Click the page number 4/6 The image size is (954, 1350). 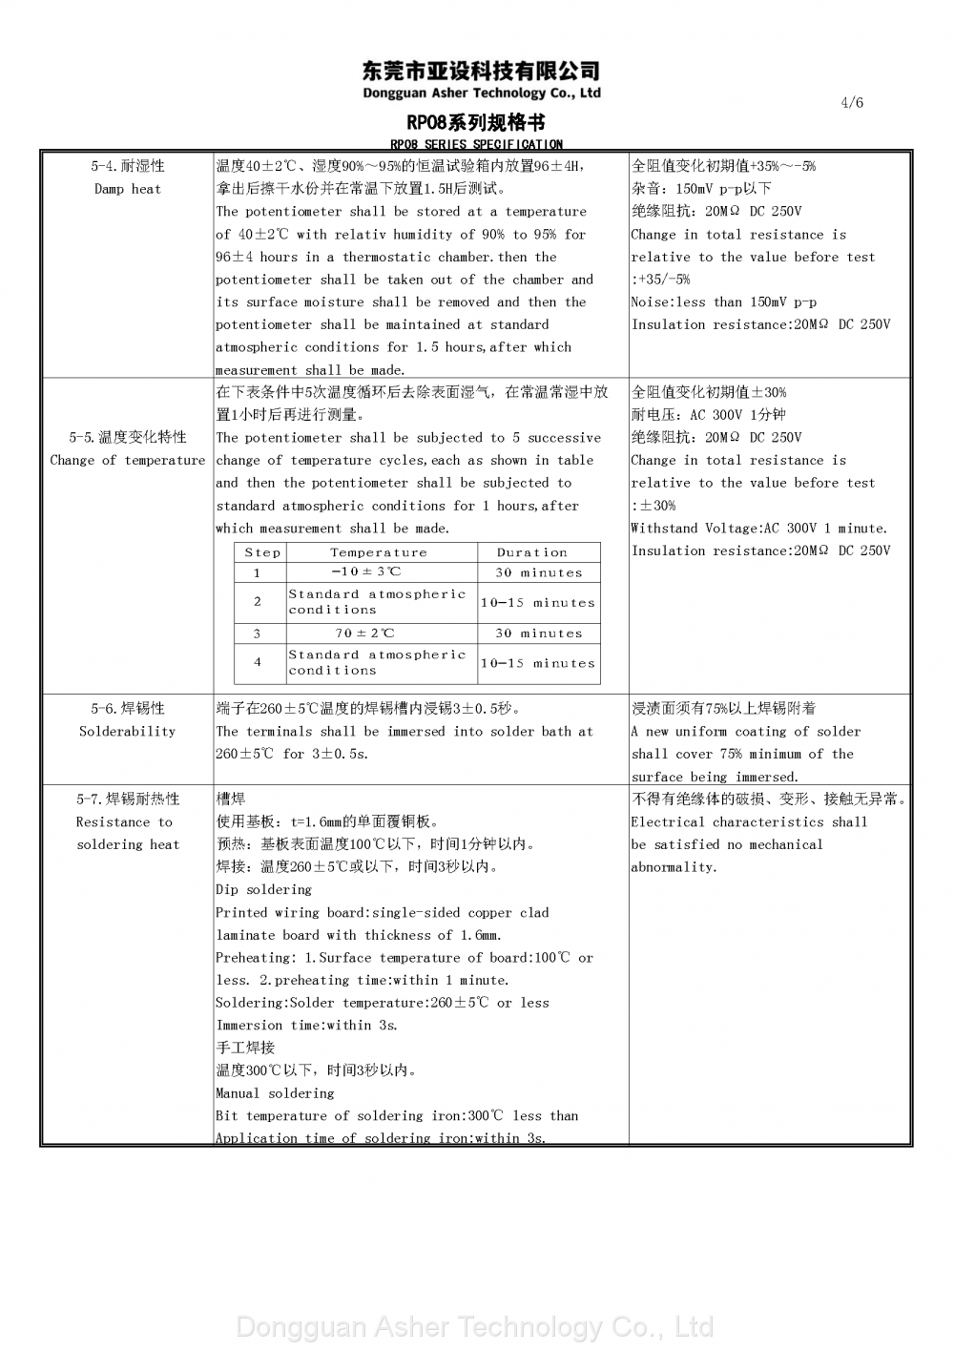point(852,103)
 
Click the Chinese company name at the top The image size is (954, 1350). point(482,71)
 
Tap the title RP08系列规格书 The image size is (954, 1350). point(476,123)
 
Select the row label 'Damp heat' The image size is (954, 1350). point(128,189)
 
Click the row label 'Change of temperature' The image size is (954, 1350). point(128,460)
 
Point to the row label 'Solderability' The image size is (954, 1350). point(128,732)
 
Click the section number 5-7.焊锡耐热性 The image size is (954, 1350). point(128,800)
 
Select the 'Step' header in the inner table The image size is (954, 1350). point(262,552)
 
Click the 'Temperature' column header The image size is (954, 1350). point(379,552)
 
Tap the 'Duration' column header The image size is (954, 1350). point(532,552)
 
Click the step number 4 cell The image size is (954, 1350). point(258,662)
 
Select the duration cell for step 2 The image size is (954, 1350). point(538,603)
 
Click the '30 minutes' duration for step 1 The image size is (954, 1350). point(538,572)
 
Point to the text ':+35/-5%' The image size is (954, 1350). point(660,280)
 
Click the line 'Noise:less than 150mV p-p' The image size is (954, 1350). point(723,302)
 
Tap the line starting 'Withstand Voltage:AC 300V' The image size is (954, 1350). point(758,529)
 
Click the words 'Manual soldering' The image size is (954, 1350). point(275,1093)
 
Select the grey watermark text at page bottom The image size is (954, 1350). point(474,1327)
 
